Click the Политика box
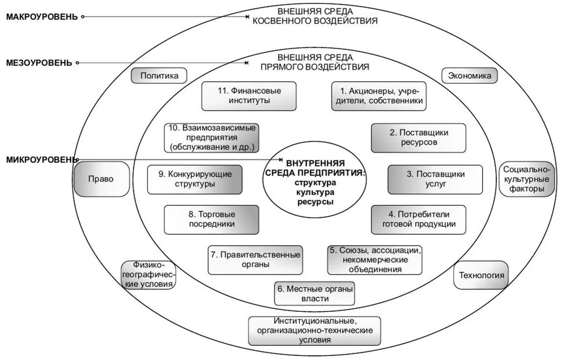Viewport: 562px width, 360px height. coord(159,75)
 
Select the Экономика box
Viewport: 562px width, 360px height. coord(469,75)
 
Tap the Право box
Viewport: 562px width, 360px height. coord(100,179)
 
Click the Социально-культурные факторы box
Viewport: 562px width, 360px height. coord(527,179)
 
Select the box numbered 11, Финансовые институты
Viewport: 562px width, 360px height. coord(249,96)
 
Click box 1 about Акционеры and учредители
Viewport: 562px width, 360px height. coord(378,96)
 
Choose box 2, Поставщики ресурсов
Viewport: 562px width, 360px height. coord(419,138)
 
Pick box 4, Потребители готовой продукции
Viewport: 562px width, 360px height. coord(418,220)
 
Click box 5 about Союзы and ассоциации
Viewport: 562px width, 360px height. coord(375,260)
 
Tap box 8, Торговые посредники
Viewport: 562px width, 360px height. coord(211,220)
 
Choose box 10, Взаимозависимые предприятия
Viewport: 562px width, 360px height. coord(211,138)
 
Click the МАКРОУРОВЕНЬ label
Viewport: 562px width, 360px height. coord(41,16)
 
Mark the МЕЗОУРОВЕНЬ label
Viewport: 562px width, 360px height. coord(39,62)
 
